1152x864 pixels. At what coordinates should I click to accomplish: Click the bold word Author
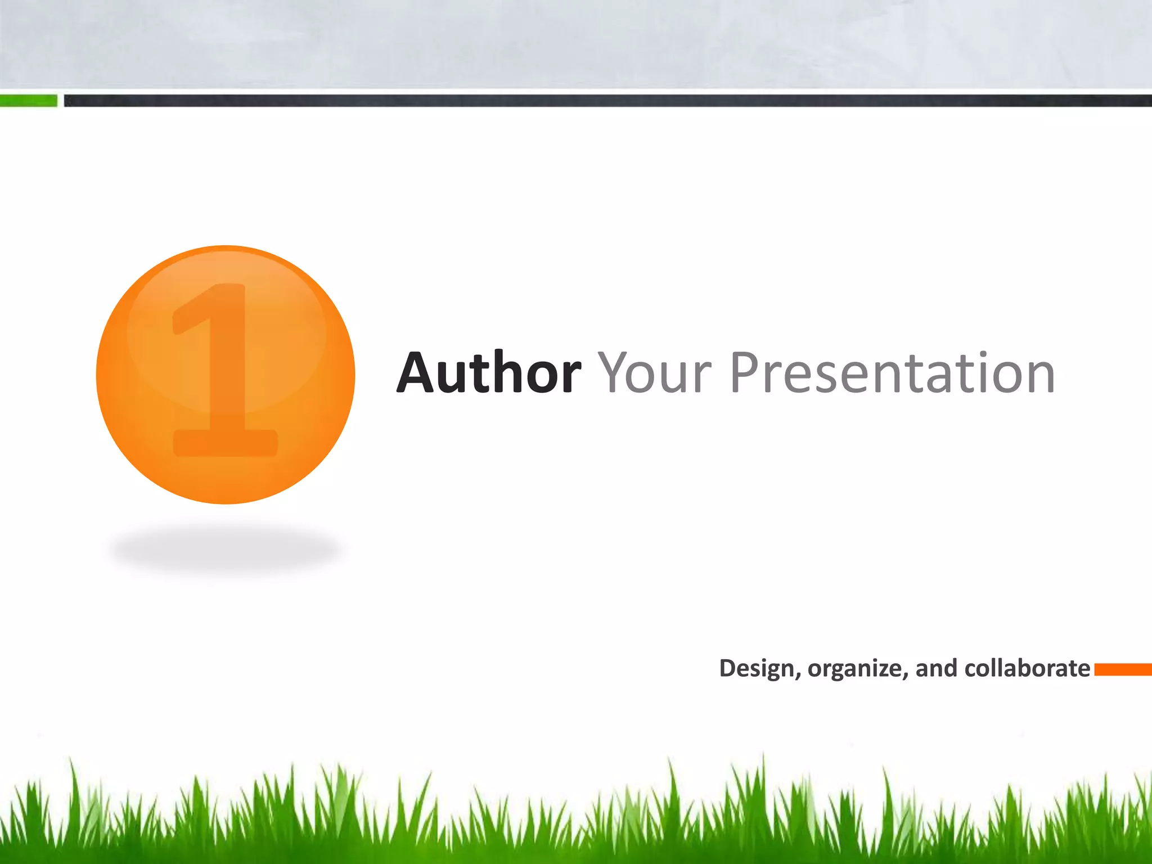coord(488,372)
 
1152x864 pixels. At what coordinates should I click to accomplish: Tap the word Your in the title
coord(654,372)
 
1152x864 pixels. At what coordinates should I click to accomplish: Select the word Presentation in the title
coord(892,372)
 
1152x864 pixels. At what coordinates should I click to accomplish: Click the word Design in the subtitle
coord(756,669)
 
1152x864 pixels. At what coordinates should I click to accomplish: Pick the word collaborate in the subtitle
coord(1027,668)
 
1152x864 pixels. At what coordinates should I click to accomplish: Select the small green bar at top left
coord(28,101)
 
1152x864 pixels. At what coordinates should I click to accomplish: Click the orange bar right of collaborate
coord(1123,669)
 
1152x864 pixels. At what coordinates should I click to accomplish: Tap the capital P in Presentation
coord(746,372)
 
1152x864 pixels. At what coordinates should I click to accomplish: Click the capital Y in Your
coord(615,372)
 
